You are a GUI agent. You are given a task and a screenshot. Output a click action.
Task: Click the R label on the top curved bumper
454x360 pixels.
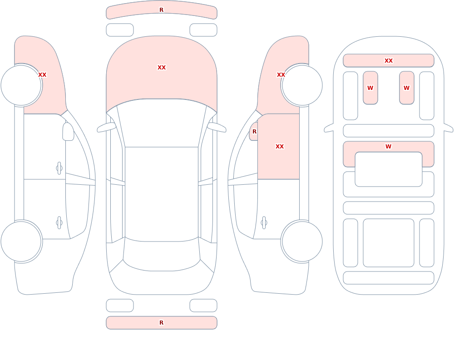pos(161,10)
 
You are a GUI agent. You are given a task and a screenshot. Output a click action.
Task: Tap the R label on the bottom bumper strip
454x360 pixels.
pos(161,322)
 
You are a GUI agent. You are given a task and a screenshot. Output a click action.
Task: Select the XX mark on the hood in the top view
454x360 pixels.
pos(162,68)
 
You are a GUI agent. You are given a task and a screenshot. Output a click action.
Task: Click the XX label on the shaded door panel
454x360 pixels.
pos(279,146)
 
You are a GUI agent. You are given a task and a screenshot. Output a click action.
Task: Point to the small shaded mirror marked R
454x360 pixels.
pos(254,132)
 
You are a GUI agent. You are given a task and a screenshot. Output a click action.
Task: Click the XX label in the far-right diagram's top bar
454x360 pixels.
pos(388,60)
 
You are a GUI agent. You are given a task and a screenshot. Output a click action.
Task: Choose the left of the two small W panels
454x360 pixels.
pos(370,88)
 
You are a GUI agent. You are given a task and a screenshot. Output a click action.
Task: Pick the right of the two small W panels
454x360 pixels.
pos(406,88)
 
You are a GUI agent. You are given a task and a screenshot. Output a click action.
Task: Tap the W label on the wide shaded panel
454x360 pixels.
pos(388,146)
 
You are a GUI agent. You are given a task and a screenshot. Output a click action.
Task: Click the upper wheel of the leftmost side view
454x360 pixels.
pos(21,85)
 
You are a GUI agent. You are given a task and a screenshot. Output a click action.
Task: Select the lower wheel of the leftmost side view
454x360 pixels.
pos(21,241)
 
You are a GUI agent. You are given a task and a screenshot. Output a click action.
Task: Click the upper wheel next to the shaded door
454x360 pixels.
pos(302,85)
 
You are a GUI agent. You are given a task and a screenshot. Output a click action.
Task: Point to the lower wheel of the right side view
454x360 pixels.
pos(302,241)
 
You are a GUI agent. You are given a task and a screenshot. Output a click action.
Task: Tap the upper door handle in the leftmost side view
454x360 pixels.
pos(59,168)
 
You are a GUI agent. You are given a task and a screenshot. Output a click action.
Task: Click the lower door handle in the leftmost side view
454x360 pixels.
pos(59,223)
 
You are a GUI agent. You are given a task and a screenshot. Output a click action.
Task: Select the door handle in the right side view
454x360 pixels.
pos(264,223)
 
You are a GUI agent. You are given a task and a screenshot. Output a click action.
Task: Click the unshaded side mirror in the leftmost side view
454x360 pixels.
pos(68,132)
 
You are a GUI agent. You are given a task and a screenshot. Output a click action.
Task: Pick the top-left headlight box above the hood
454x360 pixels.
pos(120,30)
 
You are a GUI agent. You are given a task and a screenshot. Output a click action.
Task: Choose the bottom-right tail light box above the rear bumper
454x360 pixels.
pos(203,306)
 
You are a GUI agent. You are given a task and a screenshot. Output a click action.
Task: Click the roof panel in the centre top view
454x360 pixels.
pos(162,194)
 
